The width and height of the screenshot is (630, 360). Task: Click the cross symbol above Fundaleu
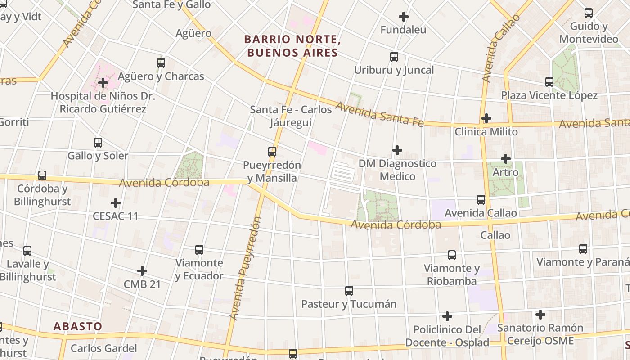click(x=404, y=17)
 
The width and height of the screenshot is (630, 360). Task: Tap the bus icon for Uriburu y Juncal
click(x=394, y=57)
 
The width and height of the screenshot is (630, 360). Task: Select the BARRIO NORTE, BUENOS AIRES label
click(x=292, y=46)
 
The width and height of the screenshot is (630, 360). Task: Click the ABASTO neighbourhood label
click(x=78, y=326)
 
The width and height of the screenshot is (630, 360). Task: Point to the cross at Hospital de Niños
click(x=103, y=83)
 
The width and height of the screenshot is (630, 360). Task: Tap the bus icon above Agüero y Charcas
click(x=161, y=63)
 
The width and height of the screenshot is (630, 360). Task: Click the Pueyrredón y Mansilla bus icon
click(x=272, y=152)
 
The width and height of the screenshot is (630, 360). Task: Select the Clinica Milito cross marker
click(x=486, y=118)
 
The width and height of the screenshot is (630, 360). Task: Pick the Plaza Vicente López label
click(x=549, y=95)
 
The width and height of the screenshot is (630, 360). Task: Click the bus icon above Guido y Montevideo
click(x=589, y=13)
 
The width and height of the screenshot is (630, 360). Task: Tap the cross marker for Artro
click(x=506, y=159)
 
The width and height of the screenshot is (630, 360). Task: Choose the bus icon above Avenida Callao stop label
click(x=481, y=199)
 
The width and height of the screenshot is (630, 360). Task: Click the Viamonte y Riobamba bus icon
click(x=452, y=255)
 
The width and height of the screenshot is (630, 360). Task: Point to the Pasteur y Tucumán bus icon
click(x=349, y=291)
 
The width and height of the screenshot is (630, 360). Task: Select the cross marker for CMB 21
click(x=142, y=271)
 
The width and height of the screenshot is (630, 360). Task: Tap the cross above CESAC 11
click(x=116, y=203)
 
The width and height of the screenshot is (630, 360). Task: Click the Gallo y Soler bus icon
click(x=98, y=143)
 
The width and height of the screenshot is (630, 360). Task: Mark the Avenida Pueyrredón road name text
click(x=245, y=269)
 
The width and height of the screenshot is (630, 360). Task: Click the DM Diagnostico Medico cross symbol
click(x=397, y=150)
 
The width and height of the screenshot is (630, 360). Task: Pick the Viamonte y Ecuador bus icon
click(x=199, y=249)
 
